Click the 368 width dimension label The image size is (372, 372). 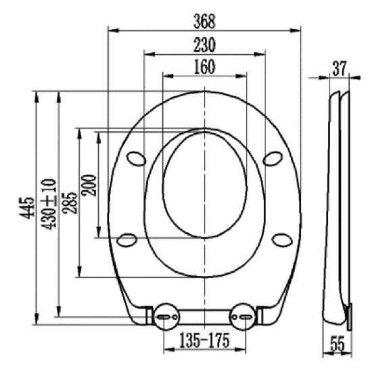coord(204,22)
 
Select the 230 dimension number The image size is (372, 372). coord(204,45)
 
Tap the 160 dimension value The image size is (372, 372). coord(204,67)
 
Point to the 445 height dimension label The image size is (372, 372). coord(26,208)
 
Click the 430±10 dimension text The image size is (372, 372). coord(49,204)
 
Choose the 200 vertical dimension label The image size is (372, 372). coord(89,185)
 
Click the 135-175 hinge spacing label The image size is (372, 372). coord(204,340)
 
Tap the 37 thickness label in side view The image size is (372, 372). coord(340,68)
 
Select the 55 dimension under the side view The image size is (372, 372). coord(338,344)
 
